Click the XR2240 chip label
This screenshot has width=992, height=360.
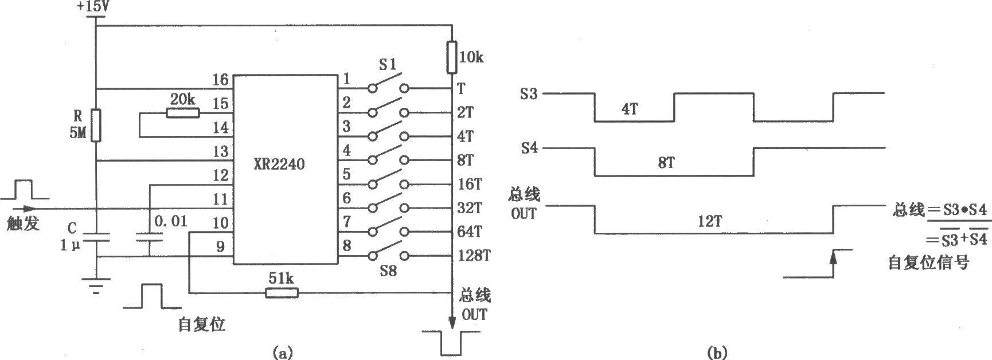[279, 165]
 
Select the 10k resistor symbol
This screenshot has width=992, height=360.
[452, 57]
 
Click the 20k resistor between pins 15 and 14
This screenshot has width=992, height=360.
[183, 113]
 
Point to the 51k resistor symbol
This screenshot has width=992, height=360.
[282, 293]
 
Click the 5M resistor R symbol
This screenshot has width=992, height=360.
[96, 125]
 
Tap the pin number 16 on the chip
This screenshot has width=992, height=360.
[220, 80]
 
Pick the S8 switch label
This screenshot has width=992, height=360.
[388, 270]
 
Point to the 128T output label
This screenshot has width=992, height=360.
[474, 256]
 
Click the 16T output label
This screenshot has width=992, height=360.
[470, 184]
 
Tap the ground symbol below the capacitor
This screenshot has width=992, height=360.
[96, 285]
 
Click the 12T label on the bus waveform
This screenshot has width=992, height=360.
[709, 222]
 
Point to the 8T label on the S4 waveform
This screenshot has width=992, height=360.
[666, 163]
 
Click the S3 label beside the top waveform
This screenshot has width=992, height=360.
[529, 93]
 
